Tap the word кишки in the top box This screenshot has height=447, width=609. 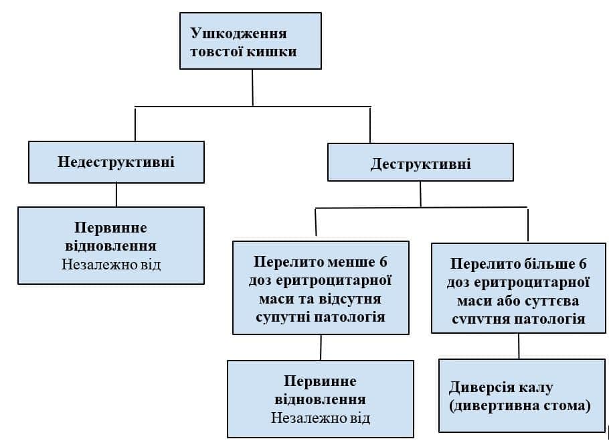point(275,51)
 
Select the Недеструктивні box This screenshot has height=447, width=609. point(116,162)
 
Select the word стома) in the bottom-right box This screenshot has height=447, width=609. point(569,405)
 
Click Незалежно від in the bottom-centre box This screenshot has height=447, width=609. point(321,418)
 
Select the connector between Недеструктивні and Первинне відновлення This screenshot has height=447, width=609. point(116,194)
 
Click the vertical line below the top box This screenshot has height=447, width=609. point(252,87)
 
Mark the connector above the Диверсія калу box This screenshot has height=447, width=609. point(519,346)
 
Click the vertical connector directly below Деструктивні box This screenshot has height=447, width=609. point(420,194)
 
